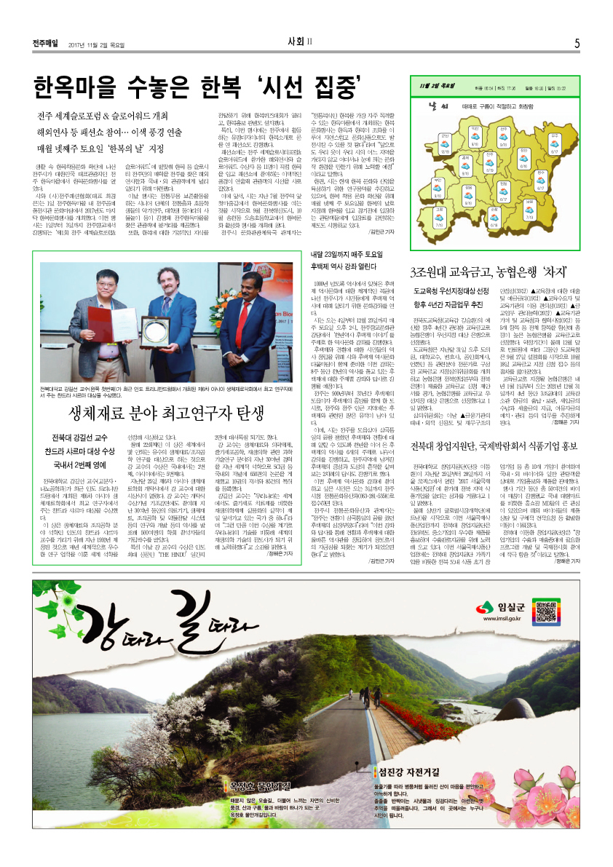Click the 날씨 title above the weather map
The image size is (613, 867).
pos(438,106)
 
